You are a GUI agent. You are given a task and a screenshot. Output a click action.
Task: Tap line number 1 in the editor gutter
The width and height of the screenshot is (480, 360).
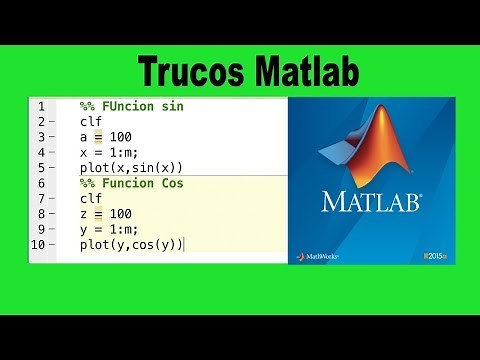pos(39,106)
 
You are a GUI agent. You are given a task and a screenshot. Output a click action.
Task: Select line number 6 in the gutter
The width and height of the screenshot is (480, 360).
pos(39,183)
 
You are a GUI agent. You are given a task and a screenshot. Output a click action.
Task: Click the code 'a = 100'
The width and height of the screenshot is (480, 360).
pos(106,136)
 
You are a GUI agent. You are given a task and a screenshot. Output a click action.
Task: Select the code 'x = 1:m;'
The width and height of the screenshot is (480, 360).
pos(109,152)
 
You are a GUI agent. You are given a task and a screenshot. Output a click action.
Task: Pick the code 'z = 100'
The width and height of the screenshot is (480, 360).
pos(106,214)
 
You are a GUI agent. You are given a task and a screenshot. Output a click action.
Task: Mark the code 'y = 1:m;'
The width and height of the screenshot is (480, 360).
pos(109,229)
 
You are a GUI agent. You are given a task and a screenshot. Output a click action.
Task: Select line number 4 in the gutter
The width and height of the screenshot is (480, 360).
pos(39,152)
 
